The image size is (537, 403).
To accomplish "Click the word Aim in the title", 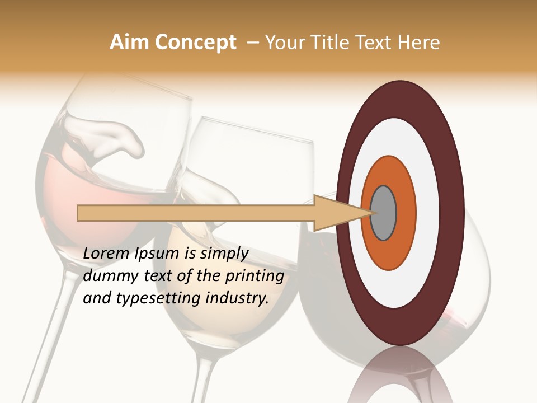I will click(129, 43).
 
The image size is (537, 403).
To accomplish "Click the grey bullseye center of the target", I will click(384, 213).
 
